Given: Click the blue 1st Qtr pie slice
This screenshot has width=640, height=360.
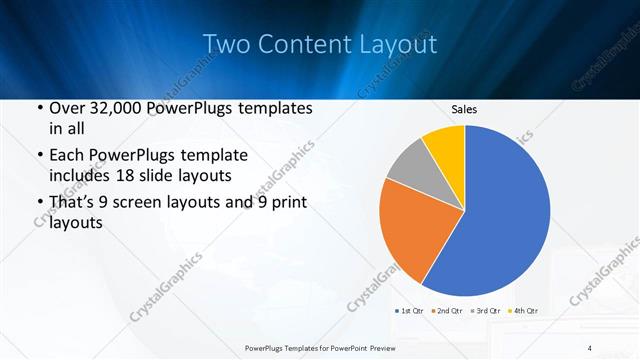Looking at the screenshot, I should click(x=505, y=215).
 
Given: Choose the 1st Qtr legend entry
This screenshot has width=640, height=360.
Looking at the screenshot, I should click(x=413, y=311).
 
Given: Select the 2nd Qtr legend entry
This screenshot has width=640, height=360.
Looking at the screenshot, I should click(x=449, y=311).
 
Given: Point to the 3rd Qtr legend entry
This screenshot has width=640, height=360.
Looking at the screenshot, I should click(x=486, y=311).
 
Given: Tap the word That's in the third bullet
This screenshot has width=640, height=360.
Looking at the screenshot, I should click(x=74, y=203).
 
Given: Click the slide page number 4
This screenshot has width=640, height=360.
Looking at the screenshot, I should click(x=590, y=347).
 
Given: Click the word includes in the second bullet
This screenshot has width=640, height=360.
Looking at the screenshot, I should click(x=83, y=176).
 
